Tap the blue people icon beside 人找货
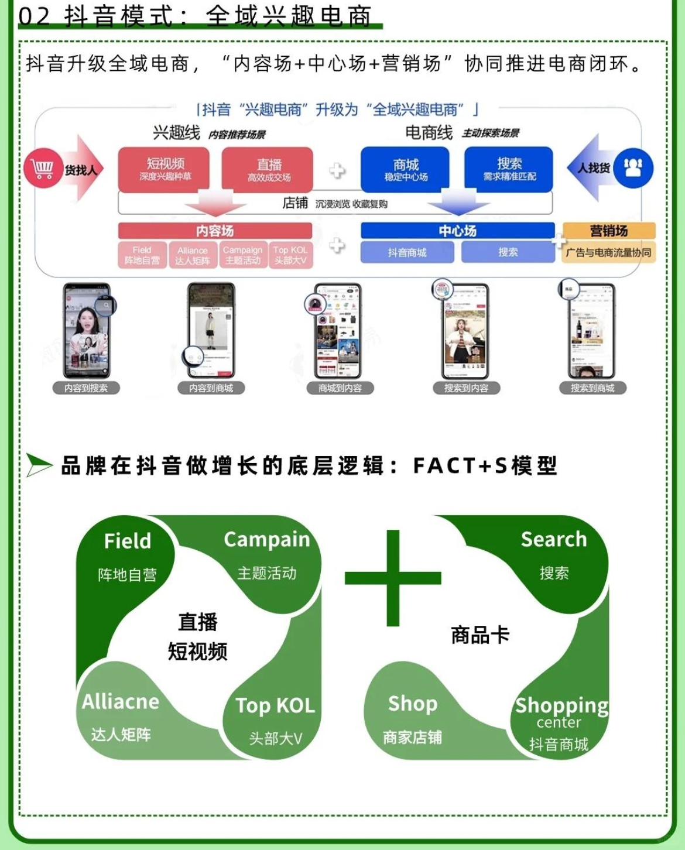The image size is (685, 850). coord(633,168)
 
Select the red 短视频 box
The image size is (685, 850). coord(165,169)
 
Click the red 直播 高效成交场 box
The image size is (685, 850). coord(268,169)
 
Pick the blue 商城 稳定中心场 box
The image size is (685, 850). coord(405,169)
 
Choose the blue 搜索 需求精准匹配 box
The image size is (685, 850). coord(509,169)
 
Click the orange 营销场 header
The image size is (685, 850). coord(608,231)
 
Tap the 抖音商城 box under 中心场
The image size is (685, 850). coord(407,252)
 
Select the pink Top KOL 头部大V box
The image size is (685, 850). coord(290,255)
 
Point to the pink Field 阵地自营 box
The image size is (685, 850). coord(142,255)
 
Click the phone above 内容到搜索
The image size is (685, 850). coord(87,331)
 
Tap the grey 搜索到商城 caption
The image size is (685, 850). coord(592,388)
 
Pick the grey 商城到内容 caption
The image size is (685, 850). coord(340,388)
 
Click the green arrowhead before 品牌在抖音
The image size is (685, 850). coord(39,465)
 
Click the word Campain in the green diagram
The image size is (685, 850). coord(266,540)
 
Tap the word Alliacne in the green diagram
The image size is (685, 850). coord(121,701)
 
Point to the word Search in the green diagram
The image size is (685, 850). coord(553,540)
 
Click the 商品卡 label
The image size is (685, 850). coord(480,635)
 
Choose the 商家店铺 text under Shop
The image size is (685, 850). coord(412,737)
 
